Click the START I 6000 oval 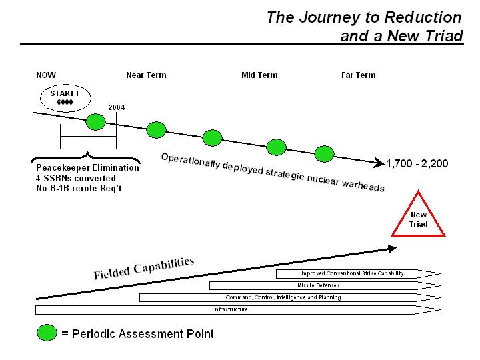click(65, 98)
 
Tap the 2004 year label click(117, 107)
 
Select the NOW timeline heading click(46, 75)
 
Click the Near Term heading click(146, 75)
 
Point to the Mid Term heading click(259, 75)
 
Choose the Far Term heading click(358, 75)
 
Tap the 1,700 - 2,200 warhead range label click(417, 163)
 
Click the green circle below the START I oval click(96, 121)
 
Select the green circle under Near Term click(156, 129)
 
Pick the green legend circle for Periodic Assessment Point click(47, 333)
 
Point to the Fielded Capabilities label click(144, 267)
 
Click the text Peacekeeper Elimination click(87, 168)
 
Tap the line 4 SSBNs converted click(76, 178)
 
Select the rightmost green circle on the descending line click(324, 154)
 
